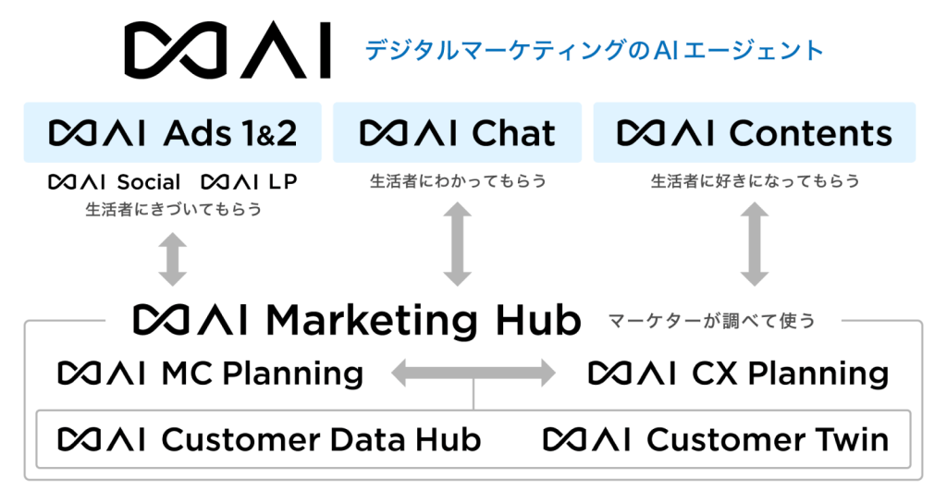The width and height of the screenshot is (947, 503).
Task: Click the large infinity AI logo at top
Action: click(x=228, y=51)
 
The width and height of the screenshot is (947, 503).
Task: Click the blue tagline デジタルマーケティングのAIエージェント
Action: click(x=594, y=50)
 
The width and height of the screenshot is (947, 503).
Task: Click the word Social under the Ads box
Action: click(x=149, y=182)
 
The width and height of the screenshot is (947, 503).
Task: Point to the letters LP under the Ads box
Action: click(x=282, y=182)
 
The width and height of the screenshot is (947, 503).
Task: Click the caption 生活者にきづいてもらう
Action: click(x=173, y=210)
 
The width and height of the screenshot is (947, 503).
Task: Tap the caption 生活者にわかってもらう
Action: click(x=457, y=181)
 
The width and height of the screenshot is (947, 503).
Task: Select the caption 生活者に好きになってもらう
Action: click(x=755, y=181)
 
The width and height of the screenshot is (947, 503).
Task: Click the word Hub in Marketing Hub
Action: click(x=532, y=320)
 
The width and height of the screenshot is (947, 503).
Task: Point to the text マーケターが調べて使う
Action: click(x=711, y=321)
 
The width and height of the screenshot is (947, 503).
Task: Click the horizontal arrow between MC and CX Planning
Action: click(x=473, y=374)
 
